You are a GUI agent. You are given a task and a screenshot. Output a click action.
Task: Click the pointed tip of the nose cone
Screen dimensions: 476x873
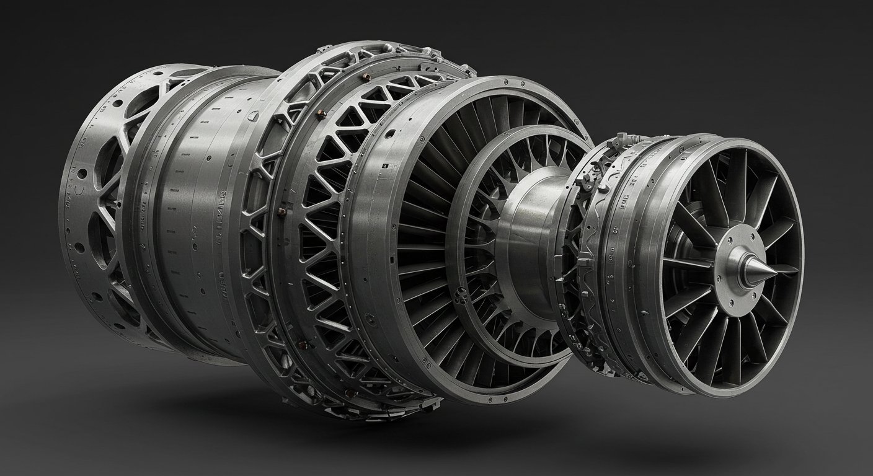pos(776,270)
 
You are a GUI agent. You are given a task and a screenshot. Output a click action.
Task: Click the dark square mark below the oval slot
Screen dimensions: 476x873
pos(385,167)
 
